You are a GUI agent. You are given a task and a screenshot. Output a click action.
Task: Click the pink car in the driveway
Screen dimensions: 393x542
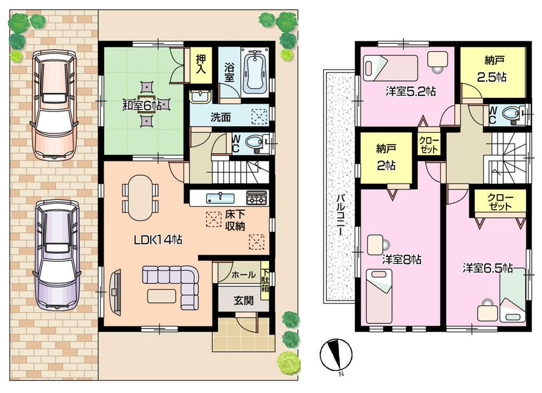coord(52,104)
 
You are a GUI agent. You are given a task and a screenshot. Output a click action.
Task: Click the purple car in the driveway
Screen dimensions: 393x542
coord(56,255)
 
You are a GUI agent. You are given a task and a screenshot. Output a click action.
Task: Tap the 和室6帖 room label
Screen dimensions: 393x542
coord(142,105)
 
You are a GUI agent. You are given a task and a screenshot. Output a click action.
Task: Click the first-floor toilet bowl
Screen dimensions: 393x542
coord(254,144)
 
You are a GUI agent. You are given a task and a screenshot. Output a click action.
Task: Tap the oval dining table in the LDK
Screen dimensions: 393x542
coord(140,197)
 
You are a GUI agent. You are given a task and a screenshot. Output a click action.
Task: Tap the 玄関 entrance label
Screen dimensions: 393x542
coord(243,301)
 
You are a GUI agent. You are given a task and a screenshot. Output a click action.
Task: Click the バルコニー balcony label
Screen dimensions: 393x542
coord(338,216)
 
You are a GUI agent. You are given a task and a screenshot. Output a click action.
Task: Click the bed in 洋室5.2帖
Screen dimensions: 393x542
coord(390,68)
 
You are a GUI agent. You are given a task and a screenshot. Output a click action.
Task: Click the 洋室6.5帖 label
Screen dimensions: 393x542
coord(487,267)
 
